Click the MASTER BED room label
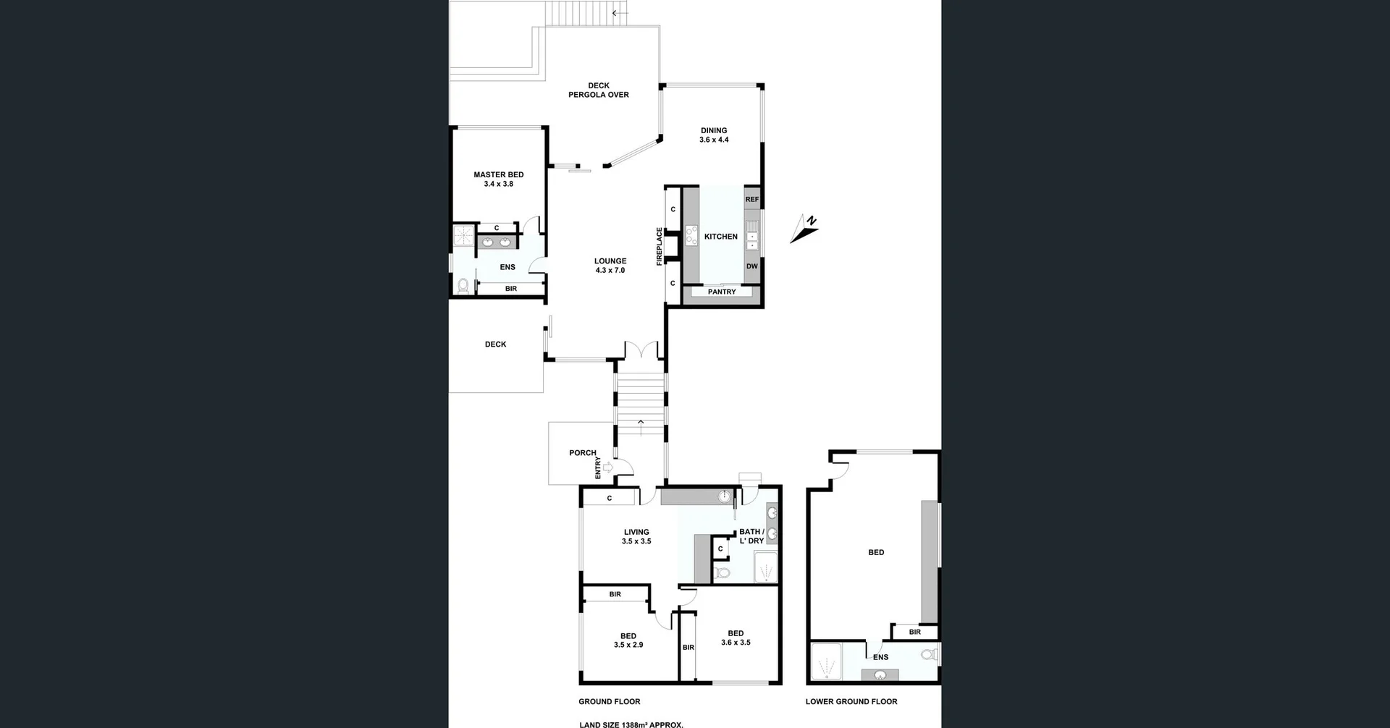[499, 179]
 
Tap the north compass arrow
[804, 229]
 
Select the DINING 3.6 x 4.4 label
[714, 135]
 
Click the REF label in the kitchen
[752, 200]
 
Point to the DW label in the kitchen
[752, 266]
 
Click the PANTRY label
[722, 292]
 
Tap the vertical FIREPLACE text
[660, 247]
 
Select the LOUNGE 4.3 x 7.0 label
[610, 266]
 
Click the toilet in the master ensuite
[463, 285]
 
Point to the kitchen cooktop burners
[691, 235]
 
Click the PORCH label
[583, 453]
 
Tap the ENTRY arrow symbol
[607, 467]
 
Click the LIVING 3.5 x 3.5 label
[636, 536]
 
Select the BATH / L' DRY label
[751, 536]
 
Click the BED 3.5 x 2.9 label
[628, 640]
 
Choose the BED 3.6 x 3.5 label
[736, 638]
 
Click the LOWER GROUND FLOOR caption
[851, 701]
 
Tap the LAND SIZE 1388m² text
[631, 724]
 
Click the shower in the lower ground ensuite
[826, 661]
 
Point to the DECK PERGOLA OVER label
[599, 90]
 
